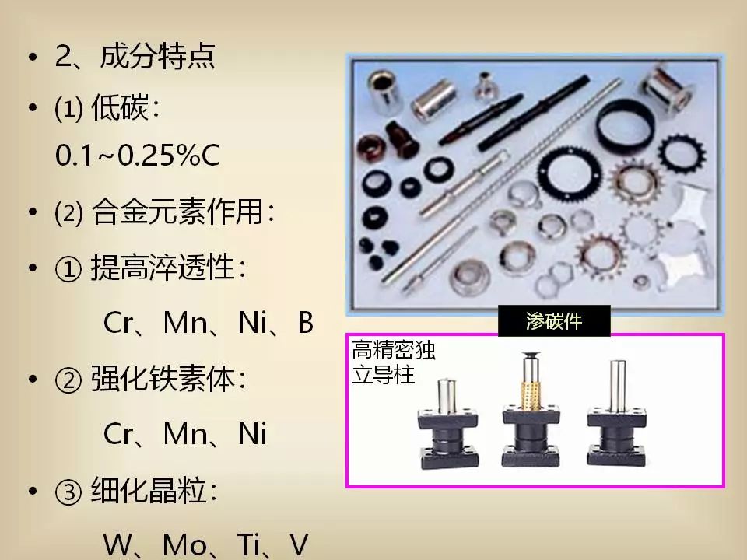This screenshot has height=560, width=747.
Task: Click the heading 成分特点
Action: point(158,56)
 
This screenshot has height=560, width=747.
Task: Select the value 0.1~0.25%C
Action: point(137,155)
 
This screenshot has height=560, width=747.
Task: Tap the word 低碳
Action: point(120,107)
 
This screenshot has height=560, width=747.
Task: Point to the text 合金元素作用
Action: point(177,211)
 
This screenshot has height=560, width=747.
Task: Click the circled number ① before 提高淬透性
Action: point(68,268)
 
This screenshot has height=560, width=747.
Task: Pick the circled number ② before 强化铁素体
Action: point(68,380)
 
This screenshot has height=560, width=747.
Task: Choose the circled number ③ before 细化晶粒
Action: point(68,492)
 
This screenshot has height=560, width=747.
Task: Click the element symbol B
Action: point(305,322)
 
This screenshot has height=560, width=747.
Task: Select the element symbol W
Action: point(117,544)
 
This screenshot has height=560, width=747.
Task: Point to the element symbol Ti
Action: point(248,544)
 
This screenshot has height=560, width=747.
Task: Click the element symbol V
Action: point(299,544)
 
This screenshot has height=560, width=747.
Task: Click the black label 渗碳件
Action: point(554,321)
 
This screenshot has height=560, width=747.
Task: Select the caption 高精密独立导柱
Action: point(394,362)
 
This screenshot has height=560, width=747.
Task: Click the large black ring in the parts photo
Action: point(625,124)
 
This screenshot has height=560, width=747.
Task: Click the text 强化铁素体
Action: point(163,380)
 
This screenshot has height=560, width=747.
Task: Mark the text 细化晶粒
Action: point(149,491)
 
